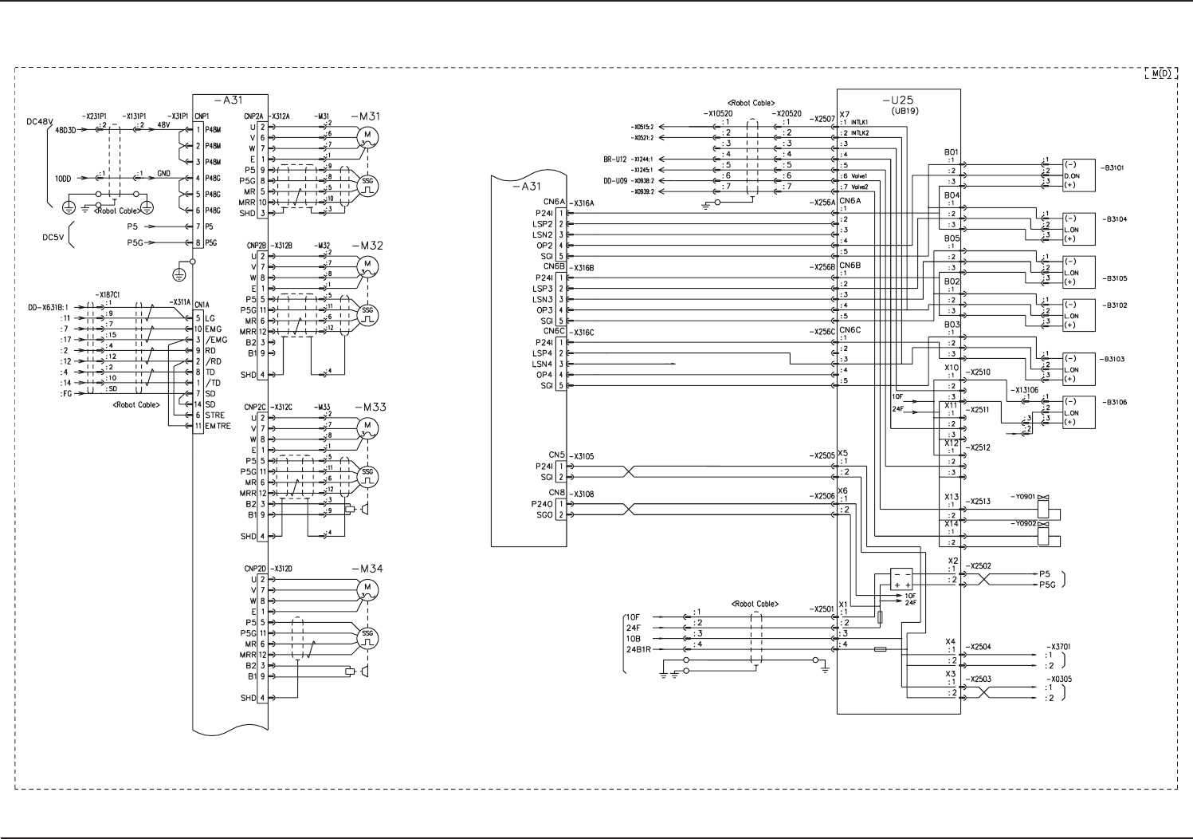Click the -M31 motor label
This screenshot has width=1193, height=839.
[x=368, y=116]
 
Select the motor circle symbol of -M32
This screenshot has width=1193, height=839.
[x=367, y=264]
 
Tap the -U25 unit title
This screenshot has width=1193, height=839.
[x=898, y=100]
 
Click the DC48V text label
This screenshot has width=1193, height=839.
[x=39, y=122]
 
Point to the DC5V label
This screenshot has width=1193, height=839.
[x=54, y=237]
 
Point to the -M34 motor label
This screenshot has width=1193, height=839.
[x=369, y=569]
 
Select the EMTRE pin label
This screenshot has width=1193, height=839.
[x=218, y=426]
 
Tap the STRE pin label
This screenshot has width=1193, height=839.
[x=215, y=416]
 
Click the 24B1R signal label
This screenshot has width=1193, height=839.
[x=638, y=649]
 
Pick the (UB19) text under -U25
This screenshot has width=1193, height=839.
[x=904, y=111]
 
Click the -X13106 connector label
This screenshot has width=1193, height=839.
[x=1025, y=390]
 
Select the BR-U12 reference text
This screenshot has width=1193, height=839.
[x=614, y=160]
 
